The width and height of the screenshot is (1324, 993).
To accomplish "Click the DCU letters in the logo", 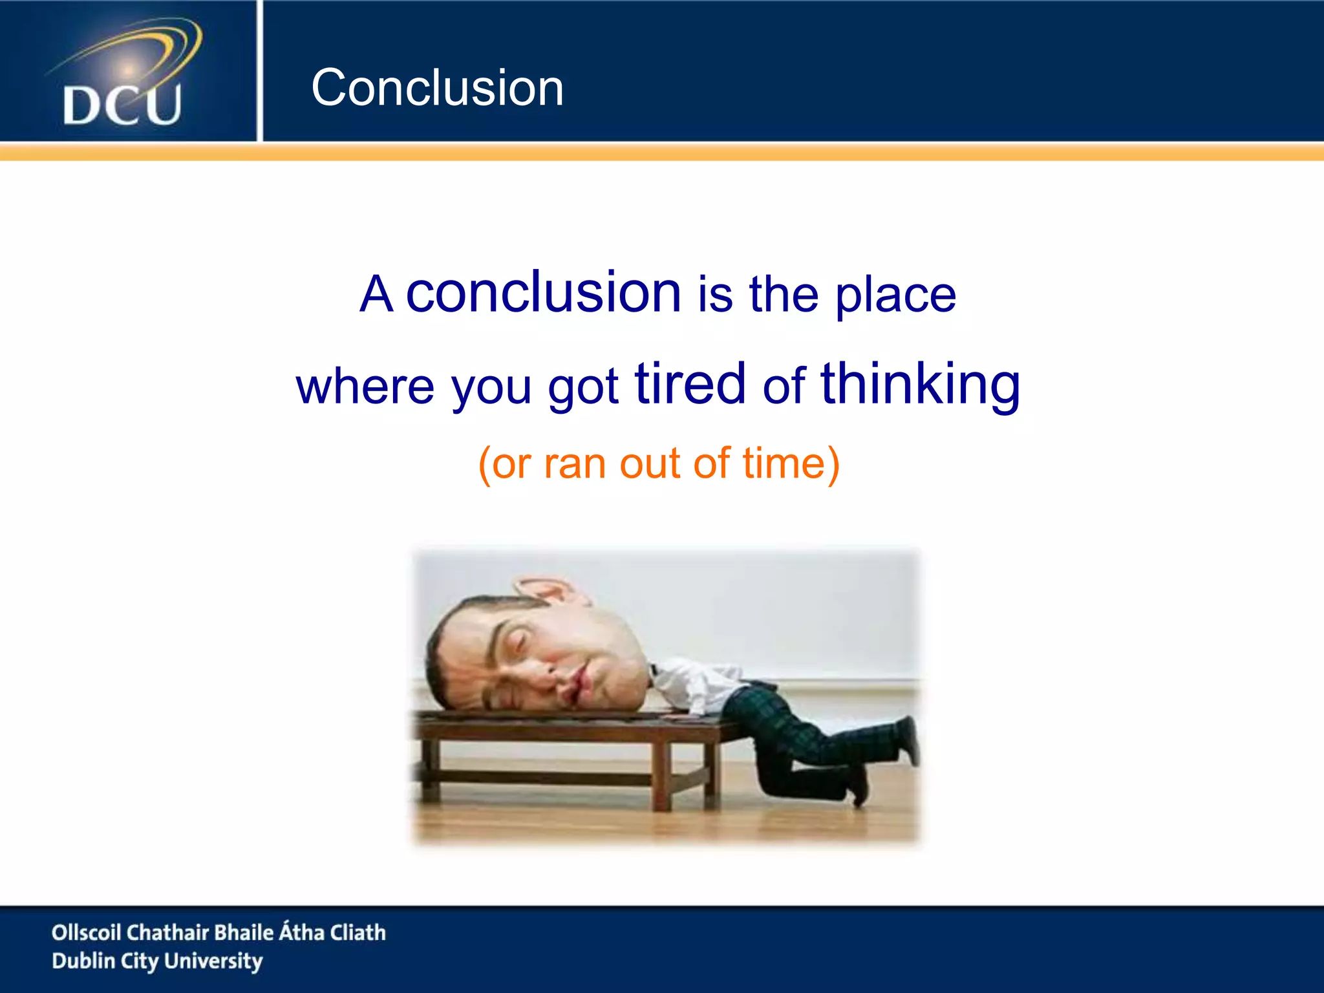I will pos(122,105).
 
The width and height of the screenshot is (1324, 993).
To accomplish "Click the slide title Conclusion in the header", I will pos(437,88).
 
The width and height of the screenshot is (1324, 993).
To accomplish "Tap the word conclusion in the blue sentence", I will pos(543,293).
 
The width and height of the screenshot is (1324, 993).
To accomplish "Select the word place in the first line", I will pos(895,296).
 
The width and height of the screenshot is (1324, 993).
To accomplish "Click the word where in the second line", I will pos(365,387).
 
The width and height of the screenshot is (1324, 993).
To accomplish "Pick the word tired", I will pos(690,384).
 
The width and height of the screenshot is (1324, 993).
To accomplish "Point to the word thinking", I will pos(920,385).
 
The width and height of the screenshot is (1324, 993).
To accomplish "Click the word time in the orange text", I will pos(784,464).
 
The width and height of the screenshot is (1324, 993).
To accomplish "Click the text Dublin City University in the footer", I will pos(157,961).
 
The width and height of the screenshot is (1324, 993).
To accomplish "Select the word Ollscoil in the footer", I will pos(86,932).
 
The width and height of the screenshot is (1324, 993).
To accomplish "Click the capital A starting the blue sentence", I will pos(376,295).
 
